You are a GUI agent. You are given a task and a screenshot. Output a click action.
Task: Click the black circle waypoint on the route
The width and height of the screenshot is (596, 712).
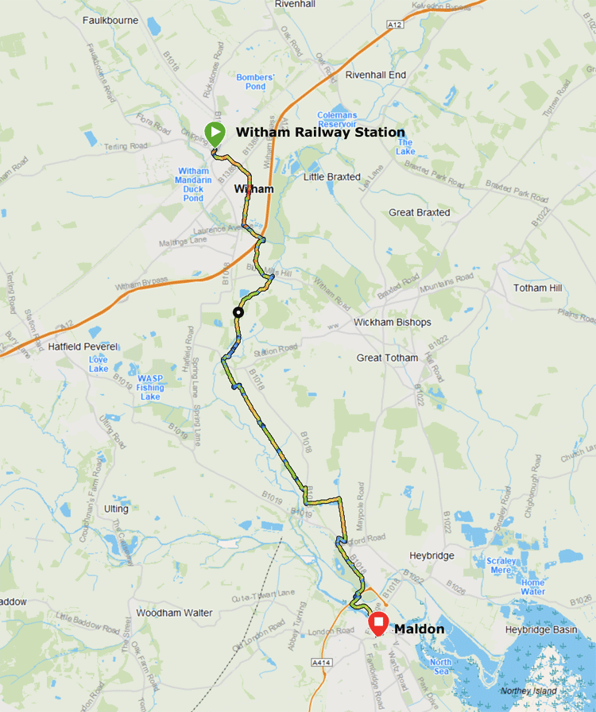tap(237, 312)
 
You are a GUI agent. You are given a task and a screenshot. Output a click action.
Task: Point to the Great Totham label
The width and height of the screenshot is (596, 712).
tap(387, 358)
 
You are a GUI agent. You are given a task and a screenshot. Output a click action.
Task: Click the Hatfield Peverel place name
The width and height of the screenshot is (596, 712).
tap(83, 347)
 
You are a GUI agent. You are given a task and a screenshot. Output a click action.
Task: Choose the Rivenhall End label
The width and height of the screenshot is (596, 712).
tap(376, 75)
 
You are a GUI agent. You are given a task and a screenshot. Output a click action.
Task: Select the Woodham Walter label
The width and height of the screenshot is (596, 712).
tap(174, 613)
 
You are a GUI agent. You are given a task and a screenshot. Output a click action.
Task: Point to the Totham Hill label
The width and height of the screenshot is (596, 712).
tap(542, 288)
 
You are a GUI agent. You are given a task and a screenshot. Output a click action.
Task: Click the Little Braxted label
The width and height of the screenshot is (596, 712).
tap(331, 176)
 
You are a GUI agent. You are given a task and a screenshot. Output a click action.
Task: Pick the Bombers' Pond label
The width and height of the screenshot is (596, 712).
tap(255, 82)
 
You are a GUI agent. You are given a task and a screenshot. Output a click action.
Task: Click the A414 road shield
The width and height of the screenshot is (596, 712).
tap(321, 662)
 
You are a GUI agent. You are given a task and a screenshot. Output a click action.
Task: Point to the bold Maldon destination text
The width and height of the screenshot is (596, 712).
tap(419, 629)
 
